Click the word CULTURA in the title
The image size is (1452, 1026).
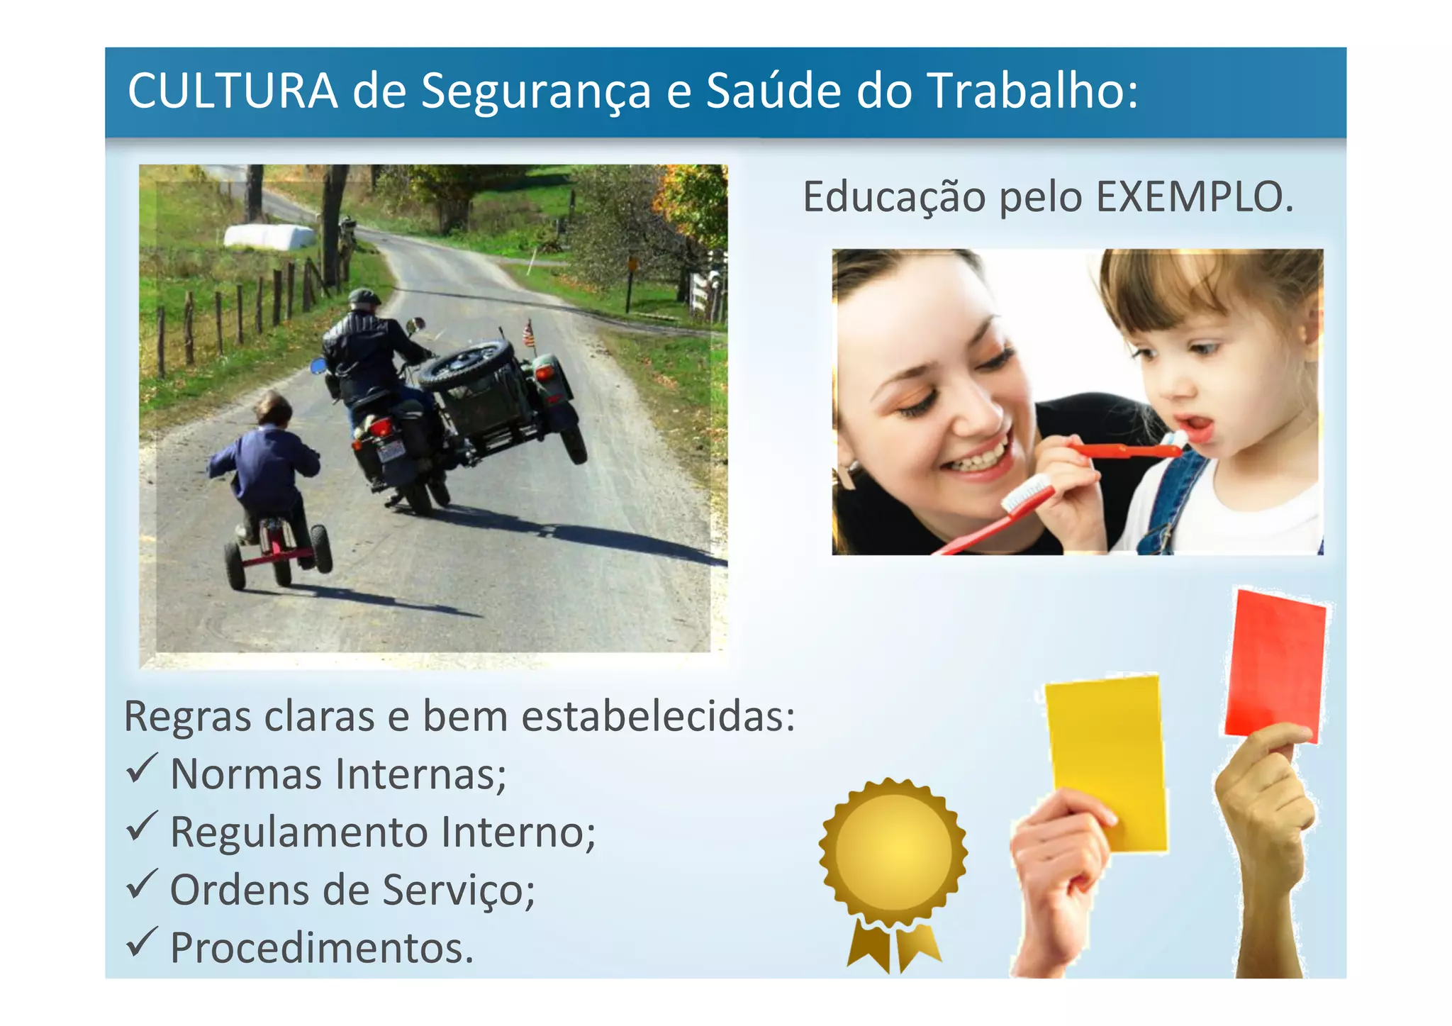(x=233, y=91)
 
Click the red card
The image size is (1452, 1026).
(x=1275, y=667)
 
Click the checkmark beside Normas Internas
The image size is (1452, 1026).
(x=141, y=769)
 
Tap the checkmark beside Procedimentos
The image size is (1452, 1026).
(x=141, y=942)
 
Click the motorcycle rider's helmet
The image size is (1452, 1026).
(x=364, y=297)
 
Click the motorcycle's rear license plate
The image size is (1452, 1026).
(x=391, y=450)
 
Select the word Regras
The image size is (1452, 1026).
(x=188, y=716)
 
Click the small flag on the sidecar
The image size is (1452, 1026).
(x=528, y=333)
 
